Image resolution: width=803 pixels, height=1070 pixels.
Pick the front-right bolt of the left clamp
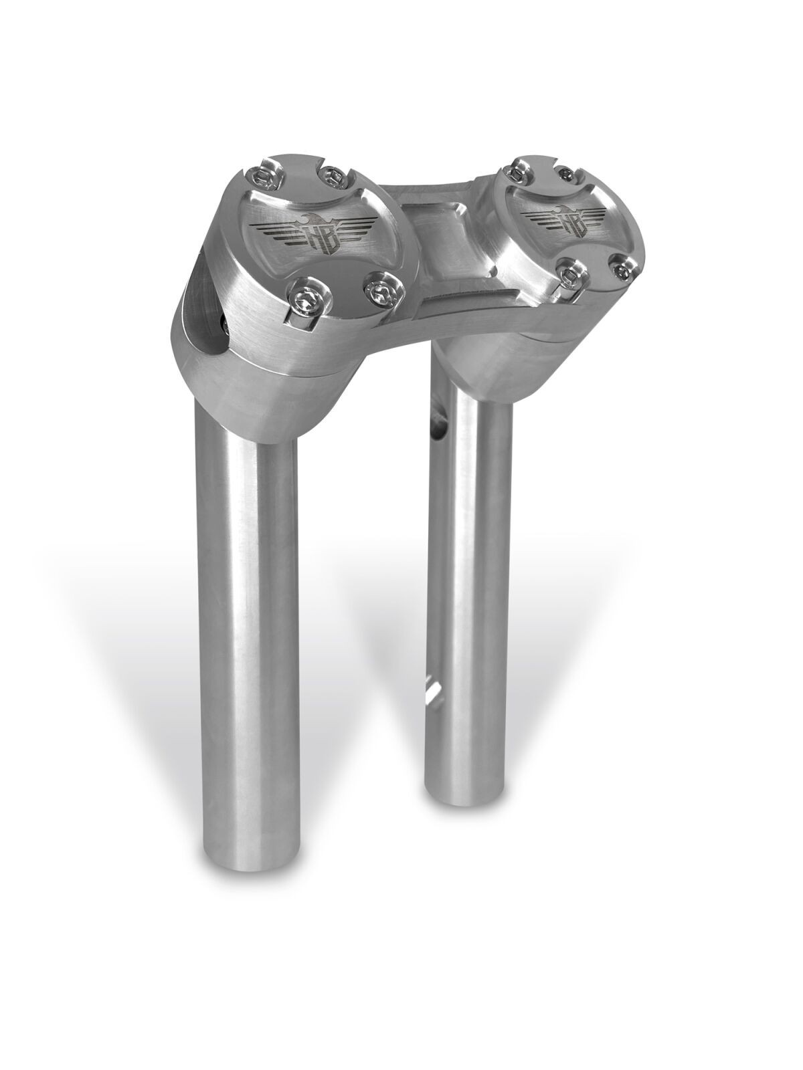381,290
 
